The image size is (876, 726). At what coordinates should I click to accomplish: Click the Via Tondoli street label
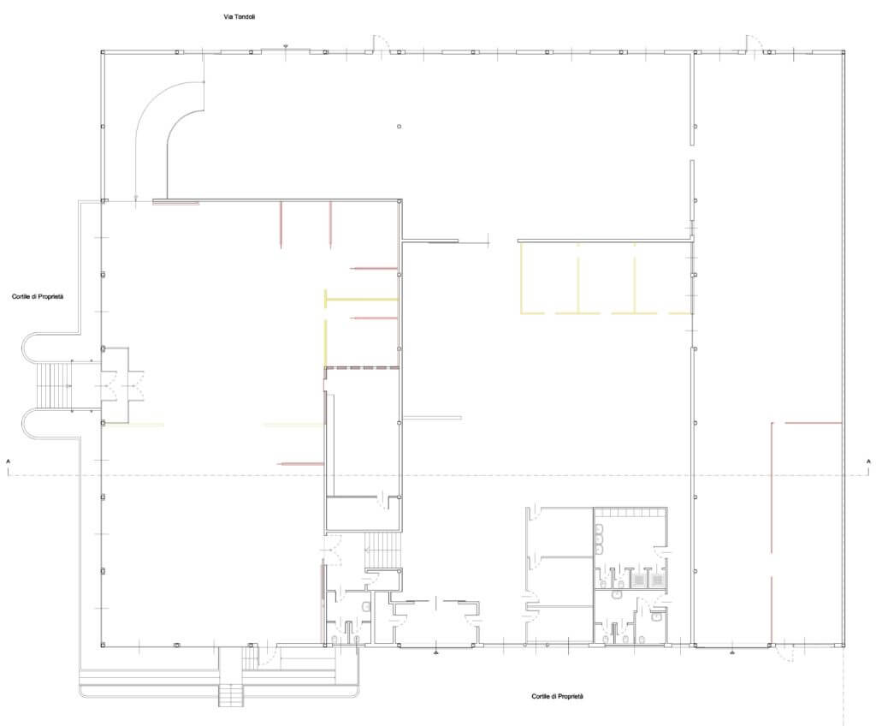pyautogui.click(x=240, y=17)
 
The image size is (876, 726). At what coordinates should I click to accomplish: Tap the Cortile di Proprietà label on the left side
pyautogui.click(x=38, y=296)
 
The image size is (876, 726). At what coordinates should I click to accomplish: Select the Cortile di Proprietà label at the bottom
pyautogui.click(x=557, y=696)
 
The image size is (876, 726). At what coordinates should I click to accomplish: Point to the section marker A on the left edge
pyautogui.click(x=9, y=461)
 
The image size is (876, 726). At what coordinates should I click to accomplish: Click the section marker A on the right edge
pyautogui.click(x=868, y=461)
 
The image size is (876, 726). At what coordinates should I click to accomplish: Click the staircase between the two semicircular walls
pyautogui.click(x=54, y=386)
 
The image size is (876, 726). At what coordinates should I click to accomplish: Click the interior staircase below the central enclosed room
pyautogui.click(x=383, y=550)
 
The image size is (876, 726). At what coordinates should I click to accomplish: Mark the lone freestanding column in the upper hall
pyautogui.click(x=399, y=127)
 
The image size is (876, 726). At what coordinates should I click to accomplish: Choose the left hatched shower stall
pyautogui.click(x=639, y=580)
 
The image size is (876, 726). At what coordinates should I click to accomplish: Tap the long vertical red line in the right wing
pyautogui.click(x=772, y=532)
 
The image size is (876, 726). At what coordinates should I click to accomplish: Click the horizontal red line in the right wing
pyautogui.click(x=814, y=423)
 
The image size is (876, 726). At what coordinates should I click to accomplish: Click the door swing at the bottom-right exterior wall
pyautogui.click(x=786, y=653)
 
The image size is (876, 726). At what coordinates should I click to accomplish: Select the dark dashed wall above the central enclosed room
pyautogui.click(x=362, y=368)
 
